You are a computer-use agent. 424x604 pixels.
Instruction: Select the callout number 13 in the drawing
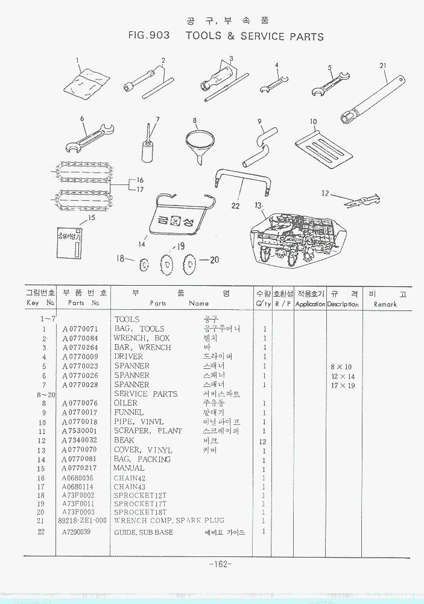point(258,206)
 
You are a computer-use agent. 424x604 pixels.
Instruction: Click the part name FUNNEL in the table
point(129,412)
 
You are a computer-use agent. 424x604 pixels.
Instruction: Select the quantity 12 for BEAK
point(264,441)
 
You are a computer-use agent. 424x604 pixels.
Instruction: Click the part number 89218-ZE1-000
point(83,520)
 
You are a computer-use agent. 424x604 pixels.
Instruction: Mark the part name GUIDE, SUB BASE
point(144,532)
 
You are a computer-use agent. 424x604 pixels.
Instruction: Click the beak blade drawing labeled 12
point(359,201)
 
